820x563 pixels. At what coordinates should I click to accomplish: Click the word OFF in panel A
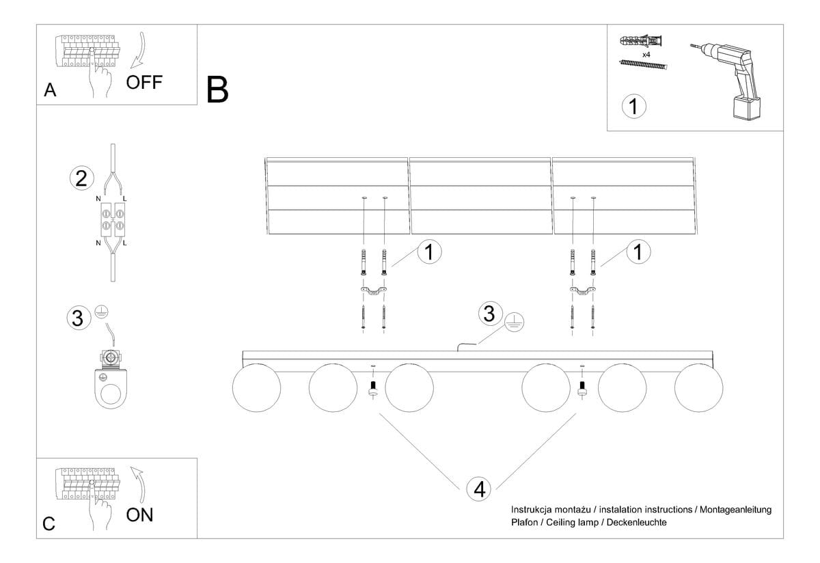coord(144,82)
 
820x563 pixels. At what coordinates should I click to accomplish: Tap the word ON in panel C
coord(140,514)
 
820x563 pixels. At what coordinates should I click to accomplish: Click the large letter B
coord(217,90)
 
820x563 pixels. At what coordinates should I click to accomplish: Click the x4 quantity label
coord(646,53)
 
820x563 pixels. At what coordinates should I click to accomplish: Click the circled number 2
coord(81,179)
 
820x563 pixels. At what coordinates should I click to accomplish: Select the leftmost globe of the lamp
coord(256,389)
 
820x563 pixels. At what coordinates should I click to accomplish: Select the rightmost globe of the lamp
coord(698,389)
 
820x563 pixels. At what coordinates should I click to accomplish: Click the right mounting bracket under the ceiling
coord(582,292)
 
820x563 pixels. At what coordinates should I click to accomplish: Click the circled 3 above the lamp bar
coord(489,314)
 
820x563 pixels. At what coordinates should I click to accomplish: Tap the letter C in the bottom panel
coord(49,523)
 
